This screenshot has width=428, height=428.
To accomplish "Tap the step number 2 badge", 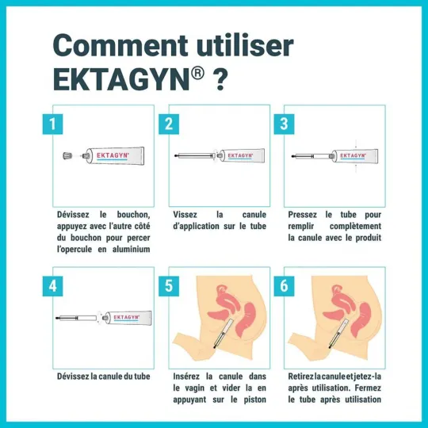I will tap(167, 124).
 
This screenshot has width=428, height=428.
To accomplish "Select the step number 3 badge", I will tap(283, 124).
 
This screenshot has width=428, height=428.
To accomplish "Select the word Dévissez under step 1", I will tap(75, 215).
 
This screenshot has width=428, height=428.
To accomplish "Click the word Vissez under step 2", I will tap(185, 215).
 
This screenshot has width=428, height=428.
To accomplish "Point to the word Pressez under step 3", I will tap(302, 215).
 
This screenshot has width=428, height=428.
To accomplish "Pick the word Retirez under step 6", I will tap(304, 376).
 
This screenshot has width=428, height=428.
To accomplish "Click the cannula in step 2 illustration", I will tap(193, 157).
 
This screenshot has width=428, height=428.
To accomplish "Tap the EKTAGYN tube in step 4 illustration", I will tap(127, 318).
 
